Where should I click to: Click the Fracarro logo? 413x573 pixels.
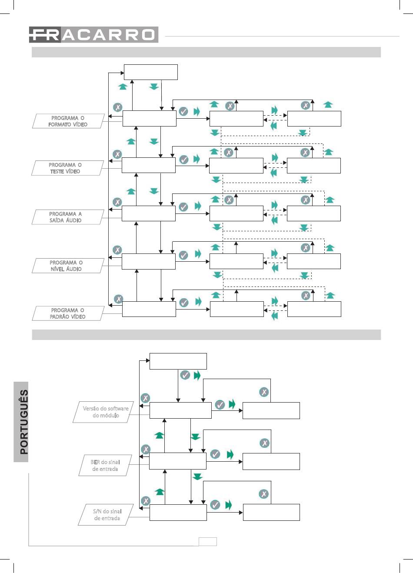[93, 34]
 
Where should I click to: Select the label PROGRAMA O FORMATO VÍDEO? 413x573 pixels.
[68, 121]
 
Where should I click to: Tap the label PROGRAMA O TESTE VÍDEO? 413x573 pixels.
[67, 168]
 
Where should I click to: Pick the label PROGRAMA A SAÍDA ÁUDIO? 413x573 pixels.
[68, 217]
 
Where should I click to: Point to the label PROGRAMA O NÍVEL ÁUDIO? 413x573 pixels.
[68, 266]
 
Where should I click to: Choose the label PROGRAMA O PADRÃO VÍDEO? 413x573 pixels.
[68, 313]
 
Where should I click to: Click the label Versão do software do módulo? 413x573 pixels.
[103, 412]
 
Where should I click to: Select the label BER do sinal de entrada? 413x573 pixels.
[105, 465]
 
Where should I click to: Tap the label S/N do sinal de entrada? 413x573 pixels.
[106, 514]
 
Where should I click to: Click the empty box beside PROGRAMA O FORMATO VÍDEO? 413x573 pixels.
[150, 118]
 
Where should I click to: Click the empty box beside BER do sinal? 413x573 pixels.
[178, 461]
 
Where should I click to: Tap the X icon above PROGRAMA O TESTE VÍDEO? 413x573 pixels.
[117, 154]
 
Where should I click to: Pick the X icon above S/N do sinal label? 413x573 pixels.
[146, 500]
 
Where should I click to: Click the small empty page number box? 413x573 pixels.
[208, 542]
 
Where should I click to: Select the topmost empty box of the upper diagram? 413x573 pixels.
[150, 72]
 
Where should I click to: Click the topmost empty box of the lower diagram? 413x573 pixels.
[178, 361]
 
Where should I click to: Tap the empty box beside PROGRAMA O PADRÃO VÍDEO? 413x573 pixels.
[149, 309]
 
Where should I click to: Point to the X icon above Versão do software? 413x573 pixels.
[146, 398]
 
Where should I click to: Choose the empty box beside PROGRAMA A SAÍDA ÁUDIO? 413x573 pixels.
[149, 213]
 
